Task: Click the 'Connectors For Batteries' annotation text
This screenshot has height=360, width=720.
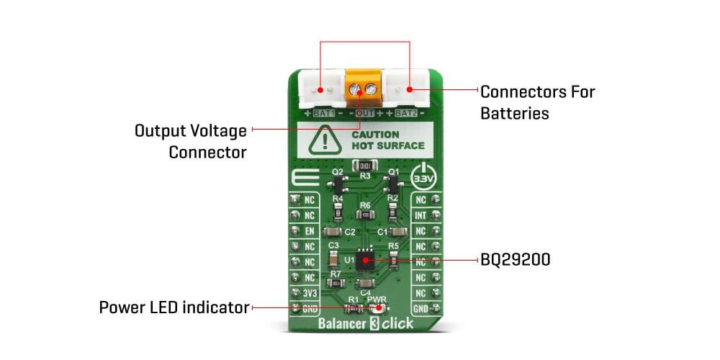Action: pos(537,102)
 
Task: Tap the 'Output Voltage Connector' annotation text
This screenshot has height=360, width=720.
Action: pos(191,141)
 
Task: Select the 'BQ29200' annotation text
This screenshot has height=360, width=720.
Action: pos(516,260)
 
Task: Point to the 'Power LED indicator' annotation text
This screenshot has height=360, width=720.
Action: pos(174,308)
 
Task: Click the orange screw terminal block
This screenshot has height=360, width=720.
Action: pos(362,90)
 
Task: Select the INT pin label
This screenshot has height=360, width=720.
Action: pos(420,215)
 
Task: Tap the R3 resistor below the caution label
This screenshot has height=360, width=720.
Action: pos(365,166)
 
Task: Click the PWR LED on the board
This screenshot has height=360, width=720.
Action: pos(376,308)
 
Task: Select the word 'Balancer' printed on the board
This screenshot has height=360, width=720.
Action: pos(343,323)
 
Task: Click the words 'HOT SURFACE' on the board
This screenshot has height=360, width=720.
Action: pos(387,146)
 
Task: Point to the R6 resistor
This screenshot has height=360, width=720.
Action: pos(365,215)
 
